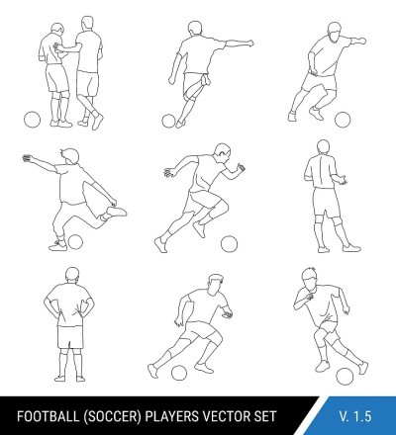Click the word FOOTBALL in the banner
click(x=48, y=416)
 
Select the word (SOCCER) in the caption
click(x=113, y=416)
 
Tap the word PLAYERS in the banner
click(x=172, y=416)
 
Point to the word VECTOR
click(x=226, y=416)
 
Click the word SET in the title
click(x=264, y=416)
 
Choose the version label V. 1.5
click(x=355, y=416)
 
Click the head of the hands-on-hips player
click(x=72, y=275)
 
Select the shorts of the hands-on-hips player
click(x=70, y=337)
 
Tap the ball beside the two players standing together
click(x=33, y=120)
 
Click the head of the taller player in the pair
click(x=87, y=24)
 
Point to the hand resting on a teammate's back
click(x=57, y=47)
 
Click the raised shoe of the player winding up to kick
click(x=116, y=212)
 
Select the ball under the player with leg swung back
click(x=75, y=242)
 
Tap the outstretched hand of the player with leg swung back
click(x=28, y=158)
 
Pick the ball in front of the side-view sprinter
click(x=229, y=244)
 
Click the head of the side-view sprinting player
click(x=222, y=152)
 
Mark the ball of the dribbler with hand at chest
click(x=345, y=377)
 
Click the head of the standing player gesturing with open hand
click(x=324, y=147)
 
